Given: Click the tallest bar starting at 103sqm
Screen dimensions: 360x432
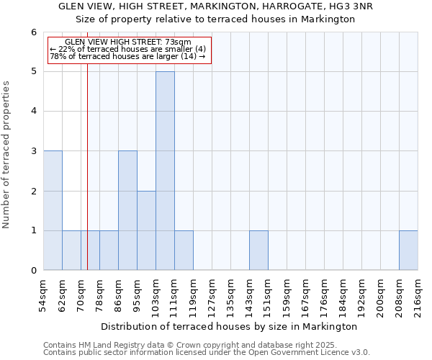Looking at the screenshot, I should (x=165, y=171).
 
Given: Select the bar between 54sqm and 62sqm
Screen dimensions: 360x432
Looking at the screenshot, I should (x=53, y=210).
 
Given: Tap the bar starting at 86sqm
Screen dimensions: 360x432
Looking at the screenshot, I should (x=127, y=210).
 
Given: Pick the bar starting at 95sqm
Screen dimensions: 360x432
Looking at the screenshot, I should (x=146, y=230).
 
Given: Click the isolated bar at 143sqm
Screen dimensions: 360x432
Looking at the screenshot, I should (x=258, y=251).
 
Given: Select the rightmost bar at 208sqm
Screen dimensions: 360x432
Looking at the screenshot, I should (x=408, y=251).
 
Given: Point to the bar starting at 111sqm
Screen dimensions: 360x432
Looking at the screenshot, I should (x=184, y=251).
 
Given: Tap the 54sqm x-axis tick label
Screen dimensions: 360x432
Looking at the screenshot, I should (x=43, y=297).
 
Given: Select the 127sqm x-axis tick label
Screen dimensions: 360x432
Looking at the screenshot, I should (x=212, y=297).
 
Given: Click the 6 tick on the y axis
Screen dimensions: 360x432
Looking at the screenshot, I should (x=33, y=32).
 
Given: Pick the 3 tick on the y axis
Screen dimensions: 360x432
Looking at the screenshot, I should (x=33, y=151).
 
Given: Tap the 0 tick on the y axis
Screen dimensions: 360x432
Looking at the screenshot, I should (x=33, y=271).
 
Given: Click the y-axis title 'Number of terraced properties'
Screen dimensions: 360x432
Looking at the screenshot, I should (x=6, y=155).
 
